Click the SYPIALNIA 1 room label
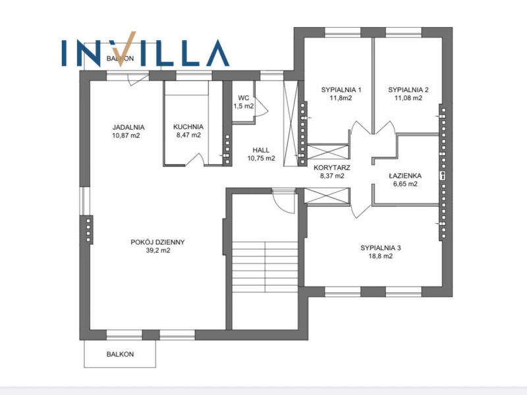341,90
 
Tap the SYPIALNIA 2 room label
408,90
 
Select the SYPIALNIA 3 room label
381,248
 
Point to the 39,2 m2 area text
157,250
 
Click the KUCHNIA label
188,126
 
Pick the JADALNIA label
128,127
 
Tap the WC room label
243,97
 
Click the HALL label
261,150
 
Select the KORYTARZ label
332,168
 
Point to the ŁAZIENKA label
405,176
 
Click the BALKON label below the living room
120,354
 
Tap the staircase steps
265,267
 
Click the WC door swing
261,107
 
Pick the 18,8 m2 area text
381,256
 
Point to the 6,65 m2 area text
405,184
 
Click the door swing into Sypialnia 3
360,211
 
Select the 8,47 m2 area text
188,135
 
